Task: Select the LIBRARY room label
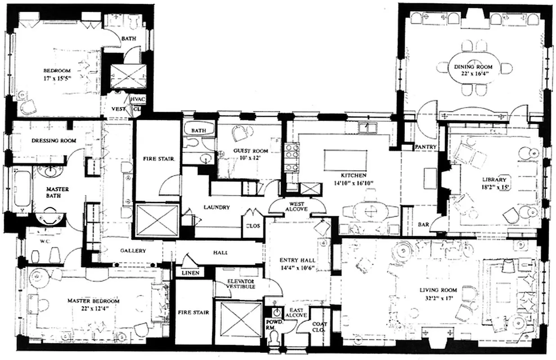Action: click(x=495, y=179)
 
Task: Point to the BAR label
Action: click(x=423, y=224)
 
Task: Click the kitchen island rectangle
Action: click(x=345, y=160)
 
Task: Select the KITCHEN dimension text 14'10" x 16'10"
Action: click(x=353, y=183)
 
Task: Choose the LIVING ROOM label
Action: click(x=438, y=290)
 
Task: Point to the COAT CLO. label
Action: click(x=320, y=327)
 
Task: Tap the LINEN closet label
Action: click(x=190, y=273)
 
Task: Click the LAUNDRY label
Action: click(x=216, y=207)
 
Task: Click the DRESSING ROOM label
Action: click(x=54, y=140)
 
